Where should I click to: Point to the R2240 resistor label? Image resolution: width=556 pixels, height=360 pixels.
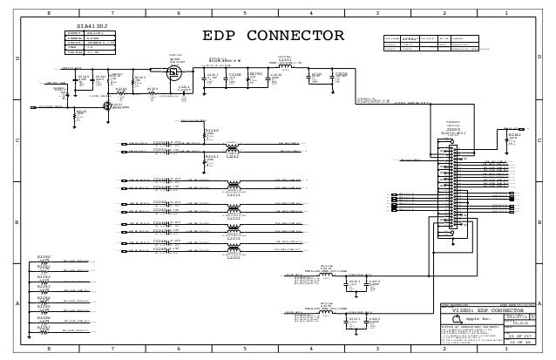pyautogui.click(x=211, y=130)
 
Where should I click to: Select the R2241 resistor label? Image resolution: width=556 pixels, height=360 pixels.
pyautogui.click(x=211, y=157)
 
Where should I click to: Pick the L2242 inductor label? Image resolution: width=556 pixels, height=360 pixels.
pyautogui.click(x=233, y=157)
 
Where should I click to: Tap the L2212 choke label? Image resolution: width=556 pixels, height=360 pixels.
pyautogui.click(x=234, y=196)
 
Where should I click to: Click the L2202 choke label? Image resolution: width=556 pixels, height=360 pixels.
pyautogui.click(x=234, y=257)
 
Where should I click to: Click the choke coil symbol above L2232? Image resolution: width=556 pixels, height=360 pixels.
pyautogui.click(x=234, y=231)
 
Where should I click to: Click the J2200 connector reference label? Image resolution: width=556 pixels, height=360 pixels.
pyautogui.click(x=452, y=128)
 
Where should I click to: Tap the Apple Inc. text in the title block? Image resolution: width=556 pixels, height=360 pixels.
pyautogui.click(x=480, y=320)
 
